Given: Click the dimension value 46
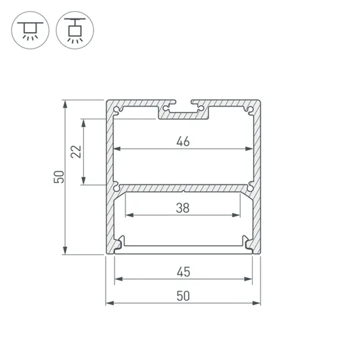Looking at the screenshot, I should (x=183, y=141).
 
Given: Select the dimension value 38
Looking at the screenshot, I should (x=183, y=208).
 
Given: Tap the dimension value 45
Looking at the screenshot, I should (x=183, y=272).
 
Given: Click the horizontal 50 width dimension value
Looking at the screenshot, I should (x=183, y=296).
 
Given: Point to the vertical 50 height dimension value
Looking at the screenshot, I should (x=59, y=177).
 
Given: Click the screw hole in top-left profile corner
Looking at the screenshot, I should (x=116, y=109).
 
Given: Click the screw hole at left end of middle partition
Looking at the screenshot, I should (x=116, y=188).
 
